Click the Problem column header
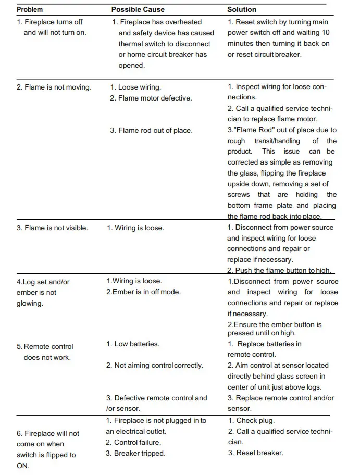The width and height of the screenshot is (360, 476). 30,9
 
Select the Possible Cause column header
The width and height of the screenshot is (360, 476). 138,9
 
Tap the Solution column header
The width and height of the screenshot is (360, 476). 242,9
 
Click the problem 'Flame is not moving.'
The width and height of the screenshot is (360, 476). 54,87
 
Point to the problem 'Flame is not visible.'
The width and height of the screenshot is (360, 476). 52,228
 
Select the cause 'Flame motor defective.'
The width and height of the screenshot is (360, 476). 151,98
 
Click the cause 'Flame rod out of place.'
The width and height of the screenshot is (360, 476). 151,130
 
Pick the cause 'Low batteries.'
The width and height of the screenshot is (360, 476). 133,344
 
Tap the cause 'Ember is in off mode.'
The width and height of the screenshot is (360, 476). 143,292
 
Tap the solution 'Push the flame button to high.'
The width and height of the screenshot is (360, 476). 279,270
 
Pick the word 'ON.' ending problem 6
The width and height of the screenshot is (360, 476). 23,466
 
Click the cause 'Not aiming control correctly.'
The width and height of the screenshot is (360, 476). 155,366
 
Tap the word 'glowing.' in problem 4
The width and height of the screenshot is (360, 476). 30,303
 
